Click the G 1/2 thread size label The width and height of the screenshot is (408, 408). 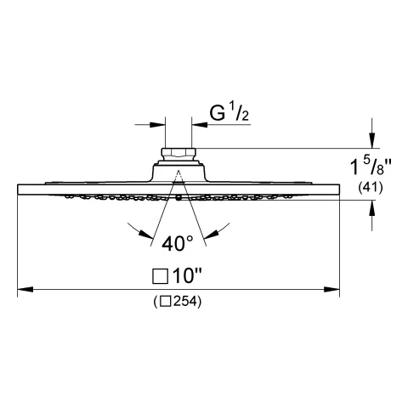[x=229, y=114]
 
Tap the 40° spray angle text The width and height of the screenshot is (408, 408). [x=178, y=243]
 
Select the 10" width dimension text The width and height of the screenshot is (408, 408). [x=187, y=275]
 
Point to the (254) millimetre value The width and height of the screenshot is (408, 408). [x=178, y=302]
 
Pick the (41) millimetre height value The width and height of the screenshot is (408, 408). [x=371, y=188]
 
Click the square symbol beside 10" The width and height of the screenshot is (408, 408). [x=161, y=276]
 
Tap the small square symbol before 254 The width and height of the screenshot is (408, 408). [x=165, y=302]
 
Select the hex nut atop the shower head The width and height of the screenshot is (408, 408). [x=178, y=154]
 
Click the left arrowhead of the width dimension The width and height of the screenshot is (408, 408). [x=25, y=289]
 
